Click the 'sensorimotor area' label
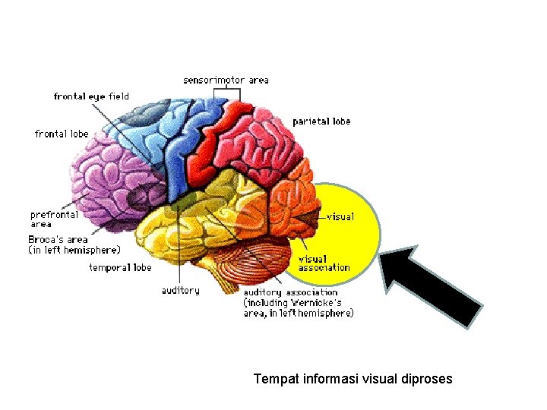(x=226, y=80)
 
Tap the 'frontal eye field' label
(x=91, y=96)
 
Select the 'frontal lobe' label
(x=62, y=134)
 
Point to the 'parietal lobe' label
(x=321, y=121)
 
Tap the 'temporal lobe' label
(x=120, y=267)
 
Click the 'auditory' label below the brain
(x=180, y=290)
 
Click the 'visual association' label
(x=324, y=263)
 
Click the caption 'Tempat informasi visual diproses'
(x=353, y=377)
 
